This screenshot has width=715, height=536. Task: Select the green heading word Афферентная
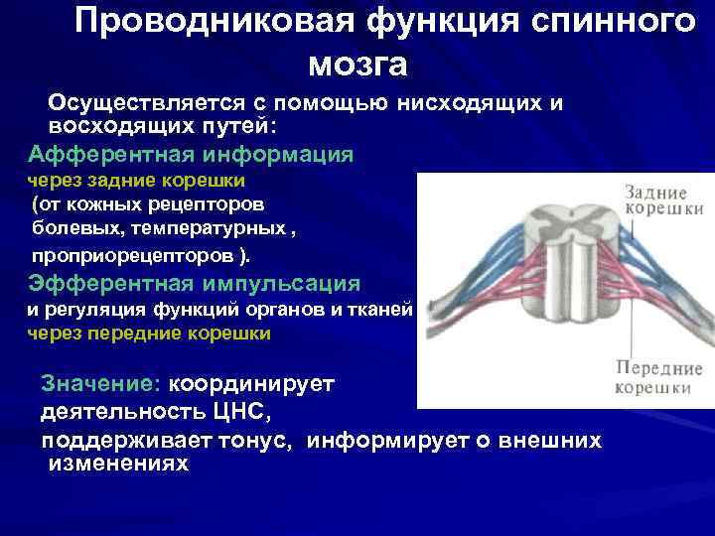tap(113, 154)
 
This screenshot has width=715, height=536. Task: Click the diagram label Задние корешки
tap(663, 201)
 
